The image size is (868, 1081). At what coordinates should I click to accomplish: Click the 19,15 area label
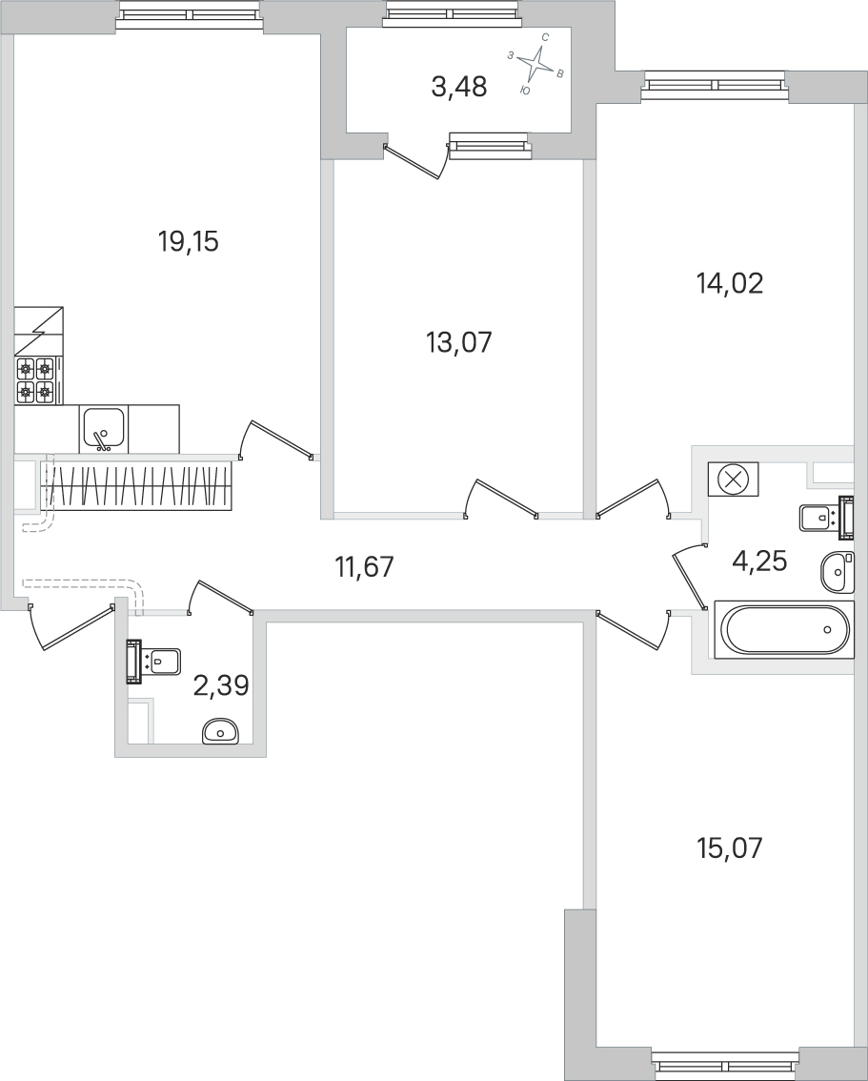tap(188, 242)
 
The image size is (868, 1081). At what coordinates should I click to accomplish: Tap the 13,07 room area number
tap(459, 342)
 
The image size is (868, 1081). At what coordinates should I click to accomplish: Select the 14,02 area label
tap(730, 283)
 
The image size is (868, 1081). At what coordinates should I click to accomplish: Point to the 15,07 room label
tap(730, 848)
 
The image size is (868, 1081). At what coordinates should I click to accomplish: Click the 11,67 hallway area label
tap(364, 567)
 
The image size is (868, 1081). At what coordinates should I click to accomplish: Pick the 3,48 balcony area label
tap(459, 88)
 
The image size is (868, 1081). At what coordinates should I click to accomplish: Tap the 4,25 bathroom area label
tap(758, 561)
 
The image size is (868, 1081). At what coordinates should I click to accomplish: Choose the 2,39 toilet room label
tap(220, 686)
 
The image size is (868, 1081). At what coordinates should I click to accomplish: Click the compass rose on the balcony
tap(536, 64)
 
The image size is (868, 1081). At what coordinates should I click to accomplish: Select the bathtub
tap(784, 629)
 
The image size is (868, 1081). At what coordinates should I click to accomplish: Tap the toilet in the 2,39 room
tap(153, 662)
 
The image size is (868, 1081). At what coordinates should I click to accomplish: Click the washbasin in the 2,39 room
tap(220, 731)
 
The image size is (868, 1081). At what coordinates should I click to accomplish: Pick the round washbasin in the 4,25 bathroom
tap(837, 571)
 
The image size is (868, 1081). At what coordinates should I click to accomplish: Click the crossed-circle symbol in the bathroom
tap(733, 479)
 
